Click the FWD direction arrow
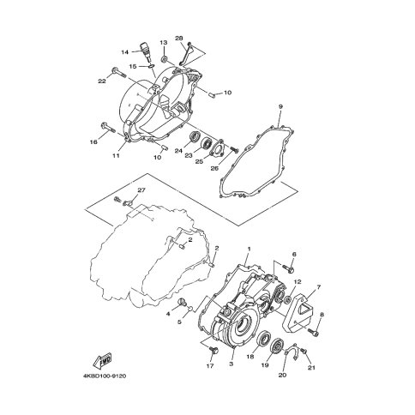click(102, 361)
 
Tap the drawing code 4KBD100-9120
click(105, 376)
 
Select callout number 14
click(124, 52)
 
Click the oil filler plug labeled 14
click(145, 51)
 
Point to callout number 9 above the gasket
click(280, 106)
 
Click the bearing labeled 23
click(207, 142)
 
